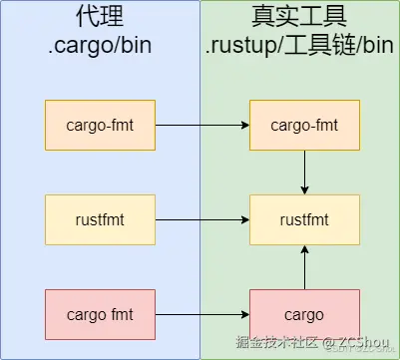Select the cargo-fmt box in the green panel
tap(302, 125)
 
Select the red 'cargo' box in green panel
tap(302, 315)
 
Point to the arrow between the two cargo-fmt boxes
tap(202, 125)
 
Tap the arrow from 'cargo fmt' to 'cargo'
tap(202, 315)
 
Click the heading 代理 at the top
tap(100, 17)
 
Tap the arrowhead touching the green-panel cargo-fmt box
tap(243, 125)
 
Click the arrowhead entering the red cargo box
tap(243, 315)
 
